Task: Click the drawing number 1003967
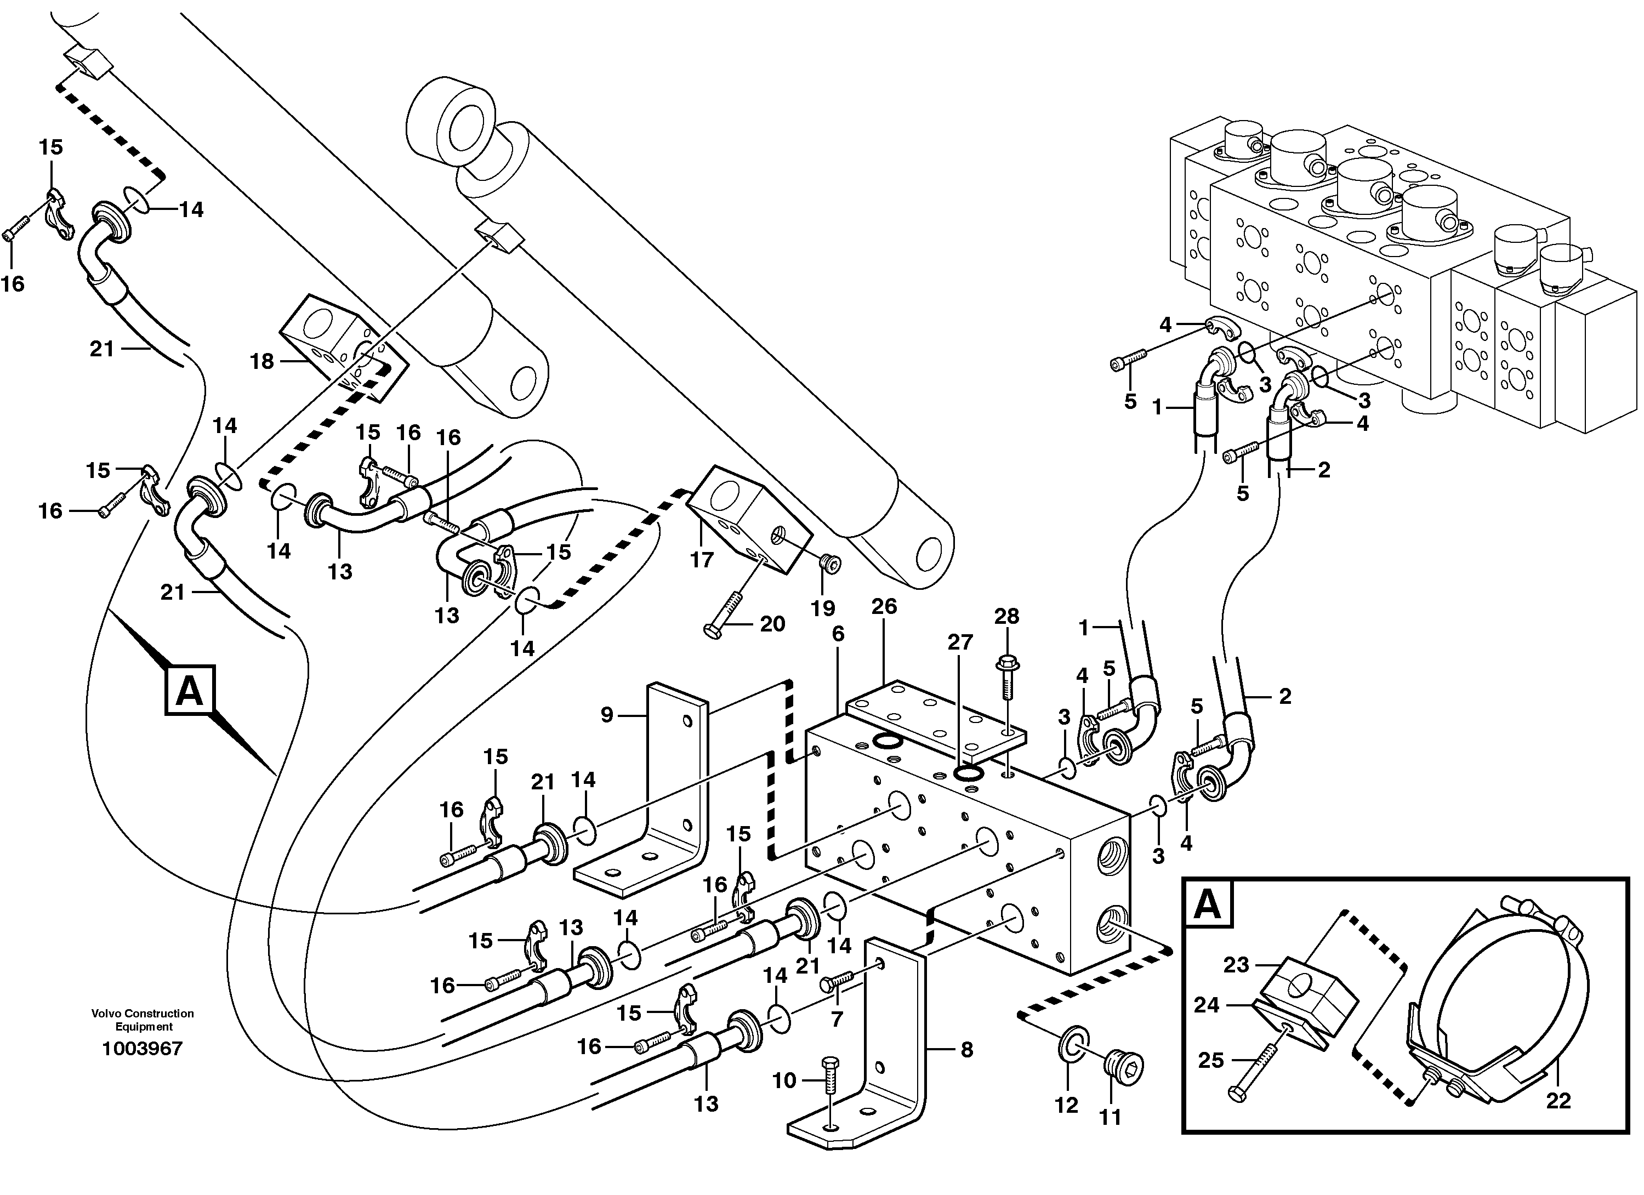(142, 1049)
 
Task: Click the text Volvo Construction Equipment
(142, 1020)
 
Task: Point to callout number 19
(823, 608)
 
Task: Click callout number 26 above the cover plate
(884, 607)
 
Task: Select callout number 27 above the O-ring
(960, 642)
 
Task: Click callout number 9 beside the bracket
(607, 715)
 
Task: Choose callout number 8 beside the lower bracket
(966, 1049)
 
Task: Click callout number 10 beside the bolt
(784, 1080)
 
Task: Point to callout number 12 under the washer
(1066, 1105)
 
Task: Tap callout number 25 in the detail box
(1211, 1060)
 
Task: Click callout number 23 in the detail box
(1237, 965)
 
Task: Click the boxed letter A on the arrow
(190, 691)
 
